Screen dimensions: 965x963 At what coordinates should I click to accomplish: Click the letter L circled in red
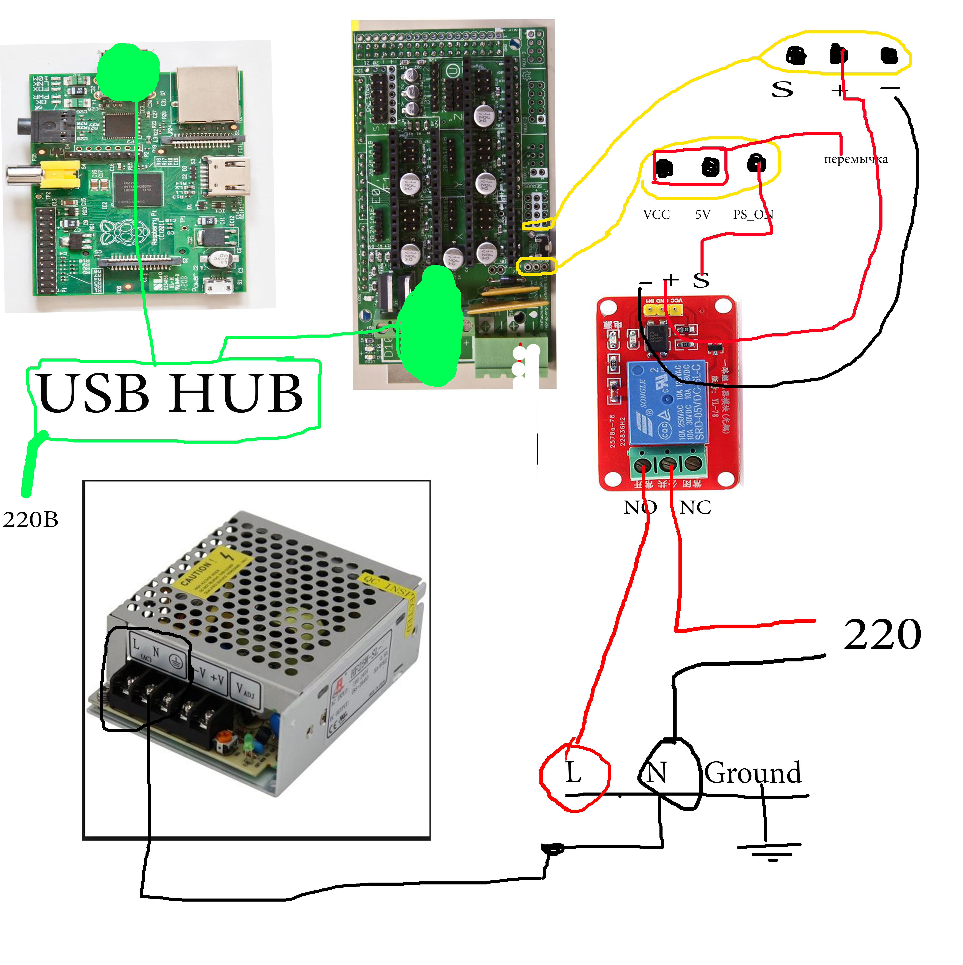[573, 773]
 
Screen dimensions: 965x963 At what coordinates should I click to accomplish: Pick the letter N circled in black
[657, 773]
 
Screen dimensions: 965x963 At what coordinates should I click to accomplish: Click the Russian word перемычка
[856, 159]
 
